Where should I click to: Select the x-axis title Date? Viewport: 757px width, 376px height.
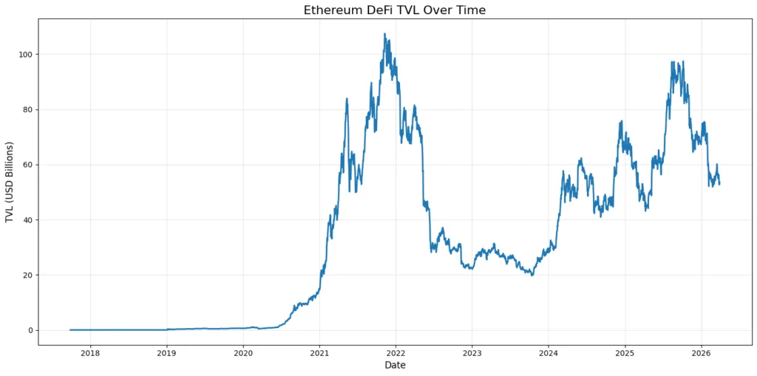[x=395, y=365]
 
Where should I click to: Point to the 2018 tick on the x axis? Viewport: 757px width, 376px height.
[x=90, y=352]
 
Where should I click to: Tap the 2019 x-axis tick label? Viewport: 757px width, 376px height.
[x=166, y=352]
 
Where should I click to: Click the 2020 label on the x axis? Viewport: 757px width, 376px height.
[x=243, y=352]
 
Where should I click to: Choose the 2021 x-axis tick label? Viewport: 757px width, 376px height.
[x=319, y=352]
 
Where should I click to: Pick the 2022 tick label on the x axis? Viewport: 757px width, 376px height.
[x=396, y=352]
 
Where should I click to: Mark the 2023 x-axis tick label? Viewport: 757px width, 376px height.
[x=472, y=352]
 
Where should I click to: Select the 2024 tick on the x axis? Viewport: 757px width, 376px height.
[x=548, y=352]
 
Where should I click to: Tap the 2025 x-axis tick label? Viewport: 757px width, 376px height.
[x=625, y=352]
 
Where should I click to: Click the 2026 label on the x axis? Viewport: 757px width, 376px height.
[x=701, y=352]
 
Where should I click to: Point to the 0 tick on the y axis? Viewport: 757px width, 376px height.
[x=30, y=330]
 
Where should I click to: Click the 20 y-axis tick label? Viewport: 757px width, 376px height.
[x=28, y=275]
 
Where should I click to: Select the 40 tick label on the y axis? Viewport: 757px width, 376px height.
[x=28, y=220]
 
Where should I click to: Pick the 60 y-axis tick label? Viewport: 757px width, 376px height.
[x=28, y=165]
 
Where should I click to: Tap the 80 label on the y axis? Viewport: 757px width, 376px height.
[x=28, y=109]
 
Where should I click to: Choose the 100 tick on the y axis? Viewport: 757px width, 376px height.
[x=26, y=55]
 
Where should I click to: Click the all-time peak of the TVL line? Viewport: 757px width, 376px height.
[x=384, y=34]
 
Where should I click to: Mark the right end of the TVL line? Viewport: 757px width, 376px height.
[x=719, y=183]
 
